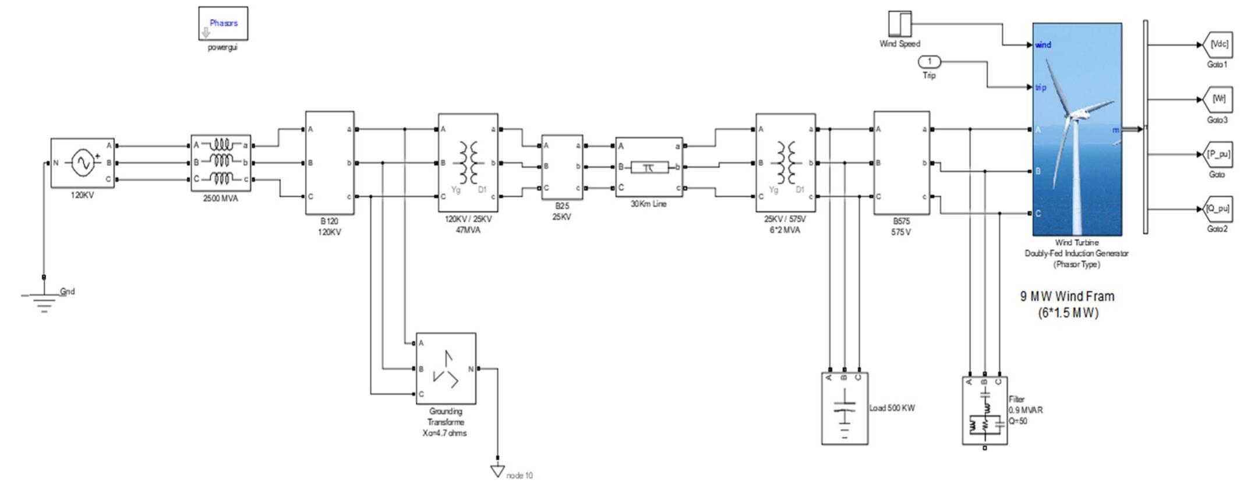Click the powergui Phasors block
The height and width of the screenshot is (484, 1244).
click(223, 23)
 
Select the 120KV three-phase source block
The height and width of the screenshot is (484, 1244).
click(82, 163)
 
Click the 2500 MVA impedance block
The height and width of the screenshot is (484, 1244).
click(221, 162)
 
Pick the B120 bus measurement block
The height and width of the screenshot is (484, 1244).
click(330, 163)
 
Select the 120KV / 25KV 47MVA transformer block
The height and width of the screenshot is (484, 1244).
click(468, 163)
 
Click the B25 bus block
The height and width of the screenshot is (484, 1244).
click(562, 167)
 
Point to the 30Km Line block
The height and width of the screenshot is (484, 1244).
click(649, 168)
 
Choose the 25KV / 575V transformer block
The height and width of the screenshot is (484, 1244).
click(785, 163)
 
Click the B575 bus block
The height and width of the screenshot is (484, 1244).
click(901, 163)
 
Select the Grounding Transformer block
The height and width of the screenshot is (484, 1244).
click(446, 369)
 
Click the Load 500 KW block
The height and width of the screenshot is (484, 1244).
click(844, 409)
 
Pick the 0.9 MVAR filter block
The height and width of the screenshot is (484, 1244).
click(984, 411)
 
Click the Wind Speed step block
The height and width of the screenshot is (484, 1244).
click(899, 24)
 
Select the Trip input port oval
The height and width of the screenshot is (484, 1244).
click(930, 62)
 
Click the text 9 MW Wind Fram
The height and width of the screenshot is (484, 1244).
click(1067, 296)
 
